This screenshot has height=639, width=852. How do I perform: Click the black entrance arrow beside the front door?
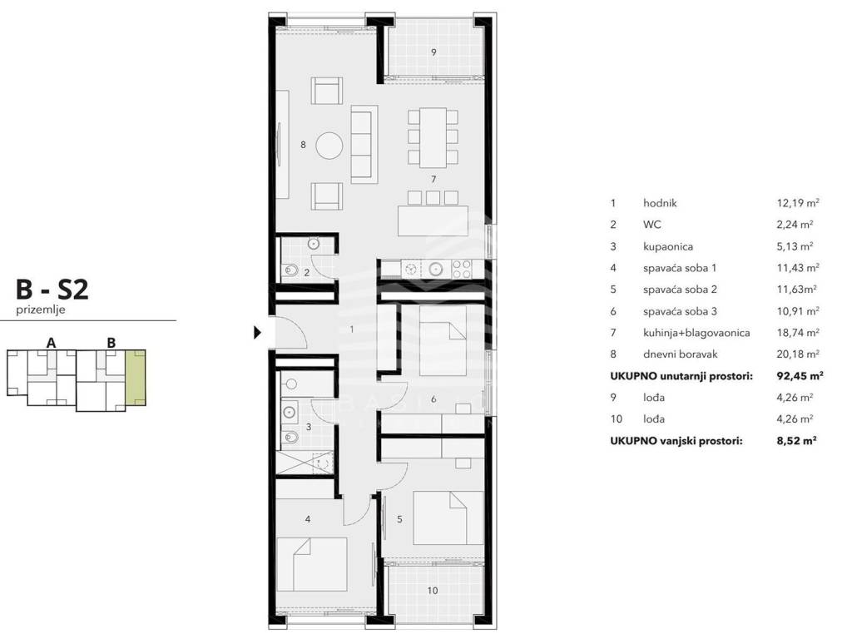click(x=258, y=332)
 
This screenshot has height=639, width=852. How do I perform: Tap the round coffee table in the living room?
click(x=329, y=146)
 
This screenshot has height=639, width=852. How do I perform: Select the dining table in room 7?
click(x=433, y=137)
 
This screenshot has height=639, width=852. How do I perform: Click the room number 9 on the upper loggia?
click(x=433, y=52)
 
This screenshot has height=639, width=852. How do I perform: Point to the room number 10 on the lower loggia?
click(x=433, y=590)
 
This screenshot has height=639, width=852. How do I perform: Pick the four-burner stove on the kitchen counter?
click(x=462, y=269)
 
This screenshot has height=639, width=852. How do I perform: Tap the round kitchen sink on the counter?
click(x=436, y=269)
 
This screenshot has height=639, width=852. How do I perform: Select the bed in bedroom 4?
click(x=312, y=565)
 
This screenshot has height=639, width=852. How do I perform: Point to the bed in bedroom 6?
click(x=443, y=340)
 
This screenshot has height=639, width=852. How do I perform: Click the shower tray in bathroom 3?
click(x=305, y=463)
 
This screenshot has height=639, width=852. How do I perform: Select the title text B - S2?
click(x=52, y=289)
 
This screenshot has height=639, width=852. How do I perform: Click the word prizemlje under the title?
click(x=41, y=310)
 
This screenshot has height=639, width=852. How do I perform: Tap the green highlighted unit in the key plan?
click(x=136, y=379)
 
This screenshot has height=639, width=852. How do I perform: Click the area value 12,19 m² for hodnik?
click(x=798, y=203)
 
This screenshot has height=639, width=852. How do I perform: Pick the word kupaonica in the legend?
click(x=668, y=246)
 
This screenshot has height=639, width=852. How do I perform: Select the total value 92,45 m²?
click(x=800, y=375)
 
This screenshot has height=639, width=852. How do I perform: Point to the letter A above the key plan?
click(x=51, y=343)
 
